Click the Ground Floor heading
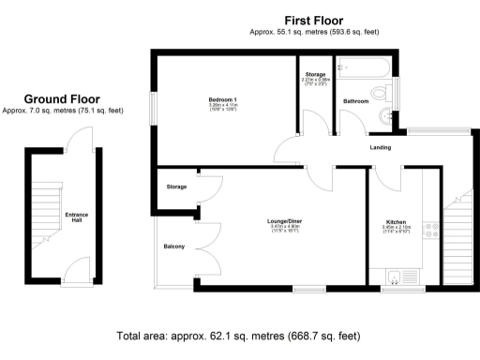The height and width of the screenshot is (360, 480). tap(62, 98)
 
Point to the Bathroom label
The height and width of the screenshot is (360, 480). tap(355, 99)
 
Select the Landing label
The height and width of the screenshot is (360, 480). tap(380, 147)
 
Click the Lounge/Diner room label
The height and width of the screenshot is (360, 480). tap(282, 221)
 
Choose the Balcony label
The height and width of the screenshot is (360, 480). tap(174, 247)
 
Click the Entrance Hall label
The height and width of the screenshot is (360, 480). tap(76, 217)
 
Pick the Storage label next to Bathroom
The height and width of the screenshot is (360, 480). tap(315, 74)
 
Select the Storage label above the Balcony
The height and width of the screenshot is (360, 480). tap(176, 187)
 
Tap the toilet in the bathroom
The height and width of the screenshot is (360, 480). tap(382, 93)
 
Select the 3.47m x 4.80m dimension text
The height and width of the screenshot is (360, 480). tap(282, 228)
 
